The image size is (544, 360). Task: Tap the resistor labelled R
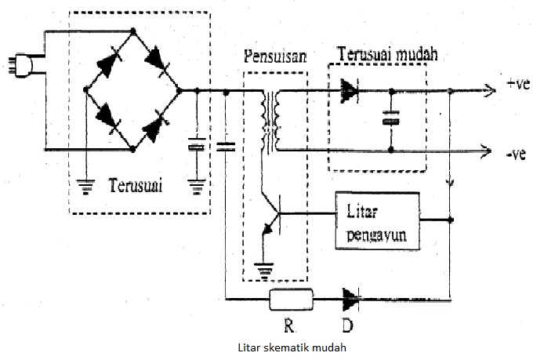291,298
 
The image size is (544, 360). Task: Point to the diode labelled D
350,298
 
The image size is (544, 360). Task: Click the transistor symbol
270,214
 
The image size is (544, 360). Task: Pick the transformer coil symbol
272,122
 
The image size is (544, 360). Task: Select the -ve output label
515,153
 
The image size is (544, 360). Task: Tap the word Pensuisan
274,58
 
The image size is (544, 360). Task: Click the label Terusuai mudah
386,55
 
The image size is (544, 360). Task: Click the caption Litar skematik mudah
291,346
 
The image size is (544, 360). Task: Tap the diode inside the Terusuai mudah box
350,92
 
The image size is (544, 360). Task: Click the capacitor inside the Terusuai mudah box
390,119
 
